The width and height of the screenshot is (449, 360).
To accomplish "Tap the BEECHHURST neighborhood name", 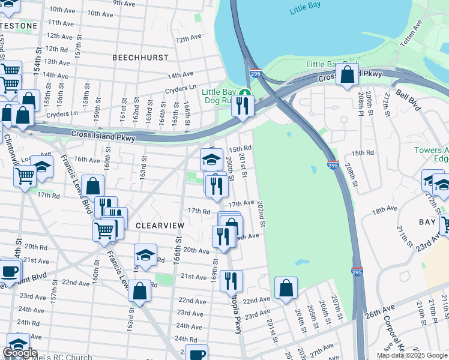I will [x=140, y=57].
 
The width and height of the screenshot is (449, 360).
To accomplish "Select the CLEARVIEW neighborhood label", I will [x=160, y=225].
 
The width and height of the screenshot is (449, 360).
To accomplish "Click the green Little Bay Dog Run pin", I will [x=244, y=92].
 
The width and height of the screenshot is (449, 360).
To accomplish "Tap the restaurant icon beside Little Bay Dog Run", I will [x=243, y=106].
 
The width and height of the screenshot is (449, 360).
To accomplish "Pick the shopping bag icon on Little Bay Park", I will [x=347, y=75].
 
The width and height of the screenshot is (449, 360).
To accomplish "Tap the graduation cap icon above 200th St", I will [x=211, y=160].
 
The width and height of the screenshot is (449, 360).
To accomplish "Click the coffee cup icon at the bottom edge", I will [x=196, y=353].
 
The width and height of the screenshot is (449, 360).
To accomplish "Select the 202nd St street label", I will [x=261, y=214].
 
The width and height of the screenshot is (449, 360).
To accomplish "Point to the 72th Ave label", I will [x=188, y=38].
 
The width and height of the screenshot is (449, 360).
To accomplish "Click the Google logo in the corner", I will [x=20, y=353].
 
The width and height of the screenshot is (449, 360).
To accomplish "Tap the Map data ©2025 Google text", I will [x=411, y=355].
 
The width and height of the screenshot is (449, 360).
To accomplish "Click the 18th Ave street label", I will [x=385, y=210].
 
